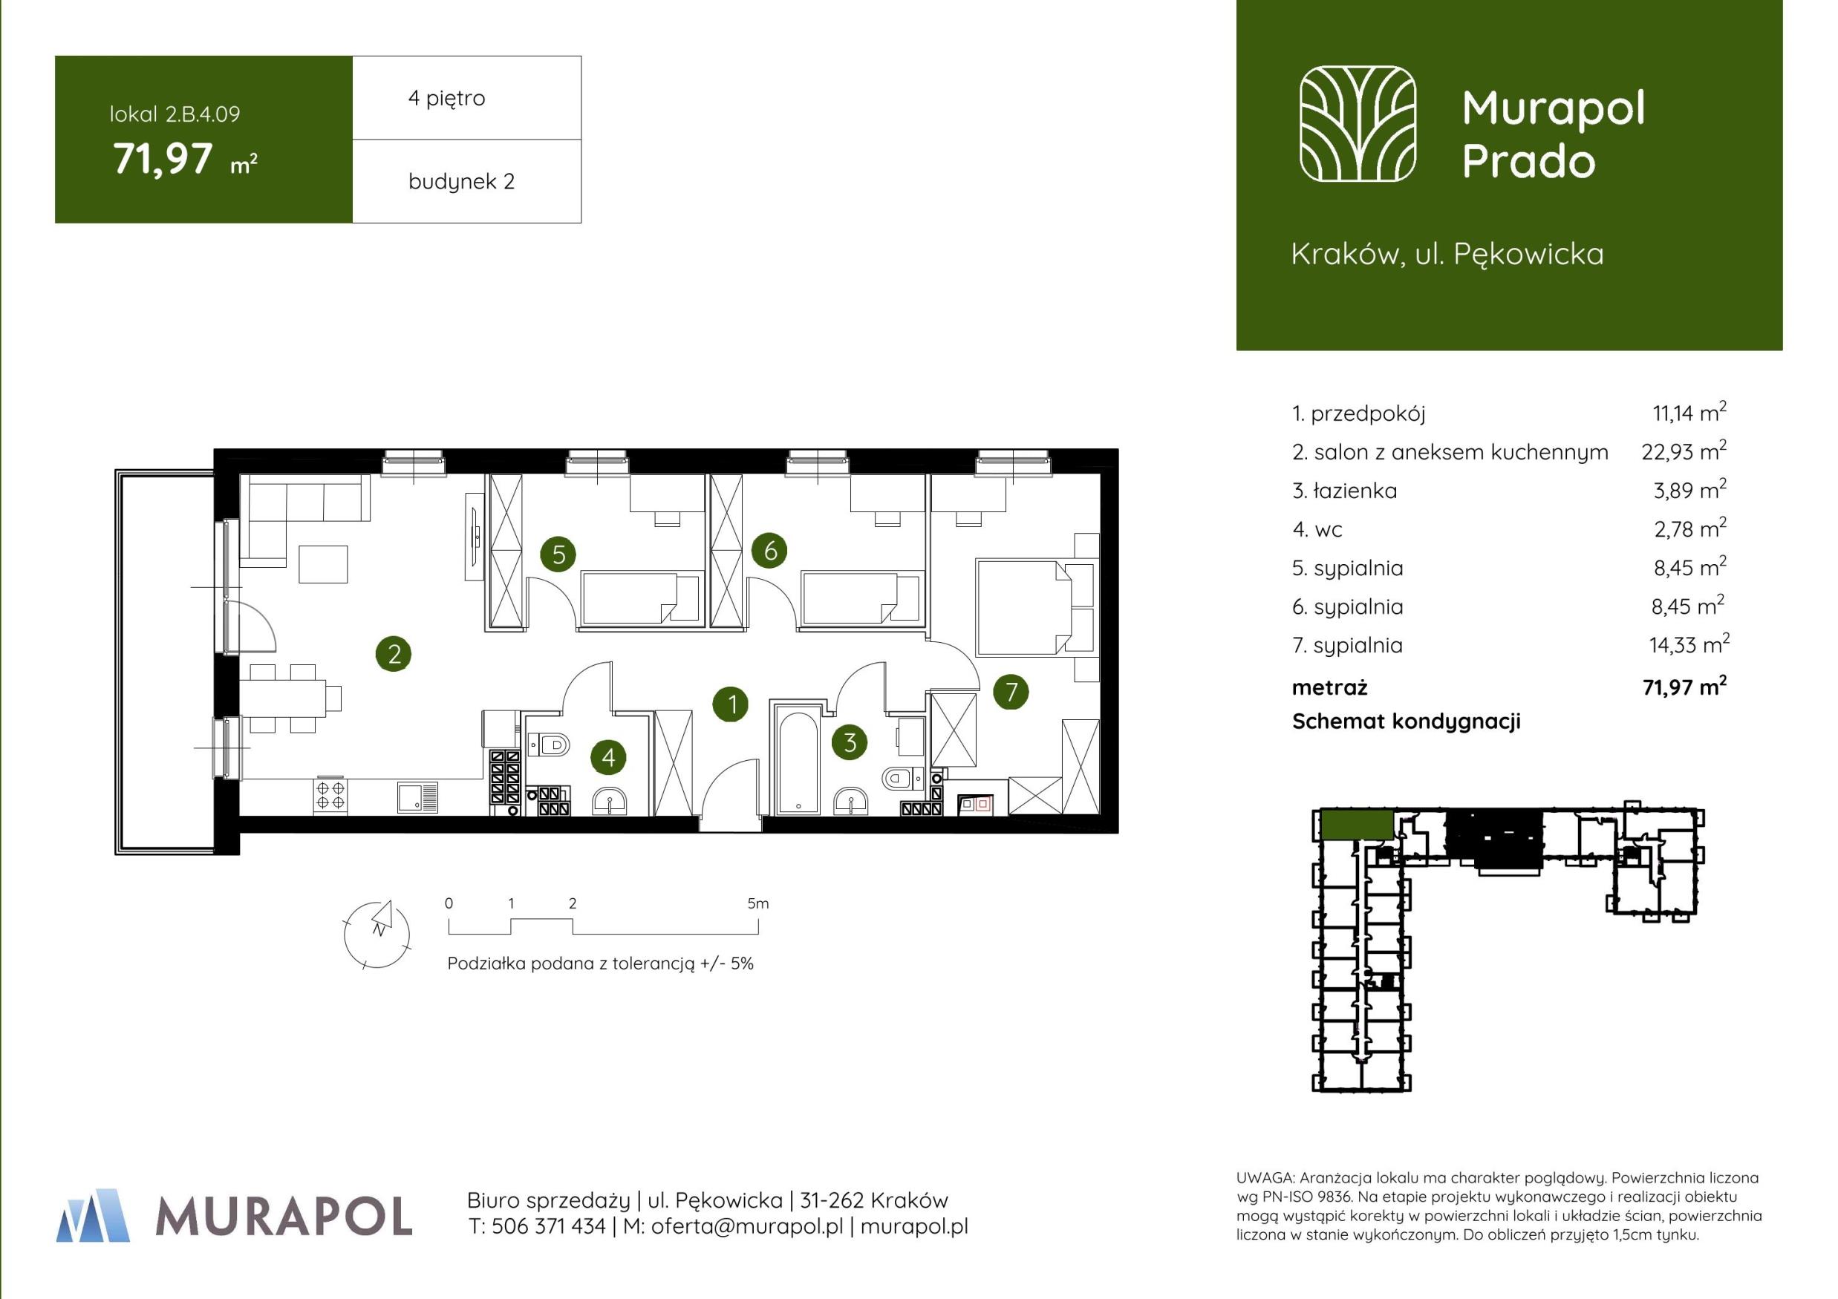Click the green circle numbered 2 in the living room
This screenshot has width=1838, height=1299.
pyautogui.click(x=394, y=654)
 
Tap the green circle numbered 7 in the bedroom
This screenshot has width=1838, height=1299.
pyautogui.click(x=1011, y=692)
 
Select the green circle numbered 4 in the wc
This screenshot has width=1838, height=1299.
pyautogui.click(x=608, y=757)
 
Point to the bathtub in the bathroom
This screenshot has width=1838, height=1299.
pyautogui.click(x=798, y=758)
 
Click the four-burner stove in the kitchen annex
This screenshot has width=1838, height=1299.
pyautogui.click(x=330, y=795)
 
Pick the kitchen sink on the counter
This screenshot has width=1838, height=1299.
pyautogui.click(x=418, y=797)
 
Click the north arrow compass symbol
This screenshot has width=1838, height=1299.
pyautogui.click(x=377, y=934)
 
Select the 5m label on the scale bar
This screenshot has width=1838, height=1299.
pyautogui.click(x=757, y=903)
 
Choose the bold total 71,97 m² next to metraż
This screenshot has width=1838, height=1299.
pyautogui.click(x=1684, y=686)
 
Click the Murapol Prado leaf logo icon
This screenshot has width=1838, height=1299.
pyautogui.click(x=1358, y=123)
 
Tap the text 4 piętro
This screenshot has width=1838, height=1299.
pyautogui.click(x=447, y=99)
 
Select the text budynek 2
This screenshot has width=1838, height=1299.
pyautogui.click(x=461, y=182)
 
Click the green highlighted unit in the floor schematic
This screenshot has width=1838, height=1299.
pyautogui.click(x=1356, y=824)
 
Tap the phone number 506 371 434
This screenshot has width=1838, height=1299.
pyautogui.click(x=548, y=1226)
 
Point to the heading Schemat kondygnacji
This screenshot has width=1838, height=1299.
pyautogui.click(x=1406, y=722)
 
